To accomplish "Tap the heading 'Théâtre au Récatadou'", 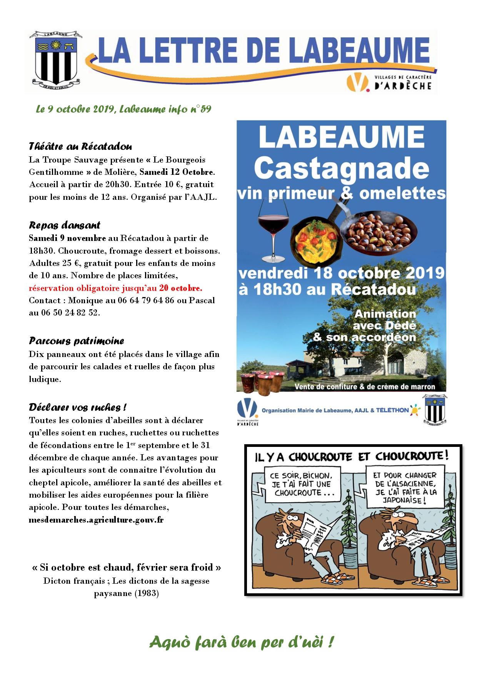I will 80,146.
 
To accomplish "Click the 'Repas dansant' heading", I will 64,225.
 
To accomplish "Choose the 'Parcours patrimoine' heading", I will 76,341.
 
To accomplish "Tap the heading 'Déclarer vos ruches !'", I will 78,407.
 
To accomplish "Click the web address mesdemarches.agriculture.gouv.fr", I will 96,520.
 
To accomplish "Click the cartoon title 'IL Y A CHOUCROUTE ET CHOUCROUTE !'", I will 352,456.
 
